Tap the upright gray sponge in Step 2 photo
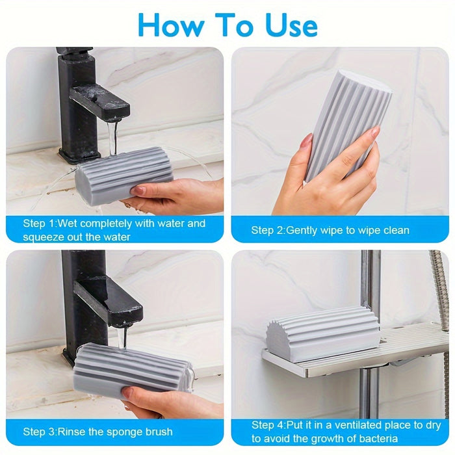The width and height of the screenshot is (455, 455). click(347, 123)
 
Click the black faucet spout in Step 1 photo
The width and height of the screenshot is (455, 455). click(101, 101)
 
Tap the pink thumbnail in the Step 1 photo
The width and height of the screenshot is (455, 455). click(138, 190)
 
